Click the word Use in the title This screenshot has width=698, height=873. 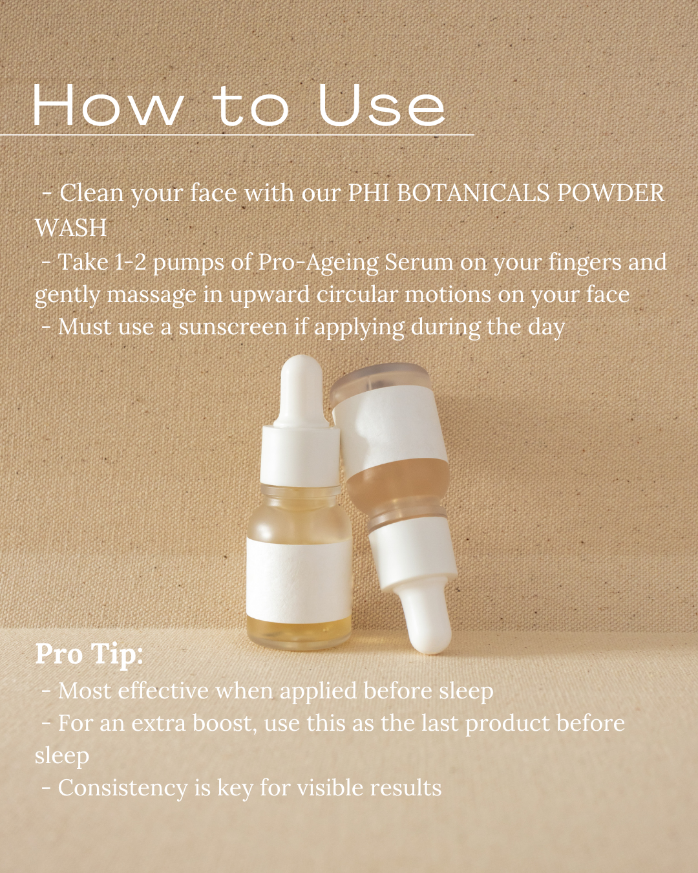pyautogui.click(x=381, y=105)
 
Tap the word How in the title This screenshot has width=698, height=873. pyautogui.click(x=107, y=105)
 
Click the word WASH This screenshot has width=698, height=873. pyautogui.click(x=71, y=228)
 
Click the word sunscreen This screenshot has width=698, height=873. pyautogui.click(x=233, y=327)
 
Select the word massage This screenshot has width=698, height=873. pyautogui.click(x=151, y=295)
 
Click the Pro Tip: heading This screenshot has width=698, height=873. pyautogui.click(x=89, y=654)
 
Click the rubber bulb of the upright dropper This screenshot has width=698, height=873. pyautogui.click(x=301, y=388)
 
